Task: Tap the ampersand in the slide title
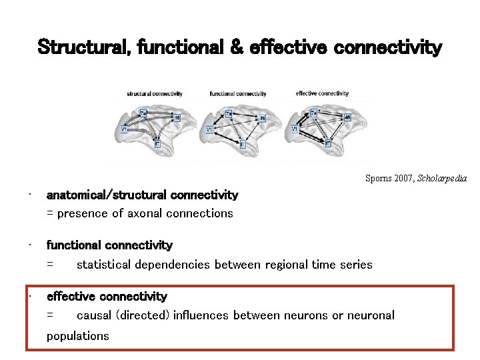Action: click(236, 48)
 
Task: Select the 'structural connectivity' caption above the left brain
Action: click(155, 94)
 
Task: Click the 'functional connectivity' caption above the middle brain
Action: click(237, 94)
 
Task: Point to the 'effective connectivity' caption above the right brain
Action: click(322, 93)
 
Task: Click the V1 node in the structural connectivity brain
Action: click(125, 129)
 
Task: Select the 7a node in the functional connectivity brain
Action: click(229, 114)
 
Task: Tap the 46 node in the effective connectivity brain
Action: click(347, 118)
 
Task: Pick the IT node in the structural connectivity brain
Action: click(157, 143)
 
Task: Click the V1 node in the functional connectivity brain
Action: click(209, 129)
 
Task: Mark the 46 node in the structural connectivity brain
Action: click(177, 118)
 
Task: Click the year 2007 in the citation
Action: click(405, 179)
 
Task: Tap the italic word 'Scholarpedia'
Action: click(442, 179)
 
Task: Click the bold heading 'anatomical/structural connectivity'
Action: click(142, 195)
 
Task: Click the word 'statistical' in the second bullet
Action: click(103, 265)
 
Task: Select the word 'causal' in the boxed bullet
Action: click(94, 315)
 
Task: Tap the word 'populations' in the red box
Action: click(77, 336)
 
